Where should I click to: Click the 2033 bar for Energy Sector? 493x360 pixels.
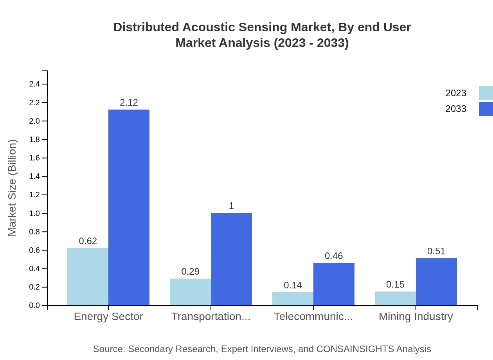129,207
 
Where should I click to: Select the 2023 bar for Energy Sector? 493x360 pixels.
88,277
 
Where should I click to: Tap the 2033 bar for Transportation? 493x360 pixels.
231,259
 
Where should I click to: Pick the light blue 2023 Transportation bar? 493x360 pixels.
190,292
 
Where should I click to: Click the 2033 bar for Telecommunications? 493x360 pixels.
334,284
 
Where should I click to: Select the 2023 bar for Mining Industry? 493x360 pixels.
395,299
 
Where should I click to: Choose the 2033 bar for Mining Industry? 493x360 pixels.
436,282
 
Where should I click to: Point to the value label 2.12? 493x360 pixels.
129,103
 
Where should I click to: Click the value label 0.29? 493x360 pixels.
190,272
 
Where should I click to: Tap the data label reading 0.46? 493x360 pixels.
334,256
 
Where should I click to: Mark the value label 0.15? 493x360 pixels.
395,284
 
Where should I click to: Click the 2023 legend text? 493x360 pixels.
456,93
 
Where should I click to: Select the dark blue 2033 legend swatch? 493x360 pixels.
486,109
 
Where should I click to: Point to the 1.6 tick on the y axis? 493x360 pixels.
34,158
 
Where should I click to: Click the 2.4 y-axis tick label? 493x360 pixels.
34,84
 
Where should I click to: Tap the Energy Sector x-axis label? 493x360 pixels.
108,317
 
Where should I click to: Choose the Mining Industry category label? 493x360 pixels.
416,317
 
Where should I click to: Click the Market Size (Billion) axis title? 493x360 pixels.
13,188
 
